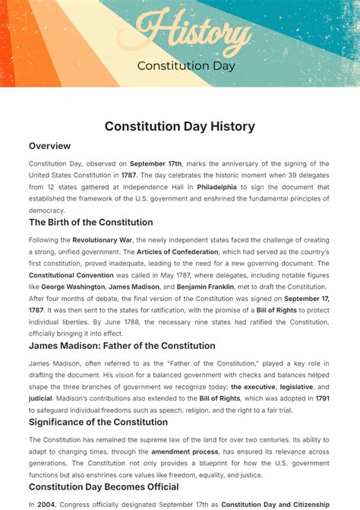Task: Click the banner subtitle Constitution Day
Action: click(186, 65)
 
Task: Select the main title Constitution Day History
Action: click(179, 126)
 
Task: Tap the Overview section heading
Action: click(50, 146)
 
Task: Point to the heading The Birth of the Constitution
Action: click(91, 223)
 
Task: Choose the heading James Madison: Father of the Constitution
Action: click(122, 346)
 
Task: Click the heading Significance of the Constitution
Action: click(99, 422)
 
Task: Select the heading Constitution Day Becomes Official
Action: click(104, 486)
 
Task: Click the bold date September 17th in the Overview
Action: click(156, 163)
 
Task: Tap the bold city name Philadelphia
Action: click(217, 186)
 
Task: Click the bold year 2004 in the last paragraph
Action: click(45, 504)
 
